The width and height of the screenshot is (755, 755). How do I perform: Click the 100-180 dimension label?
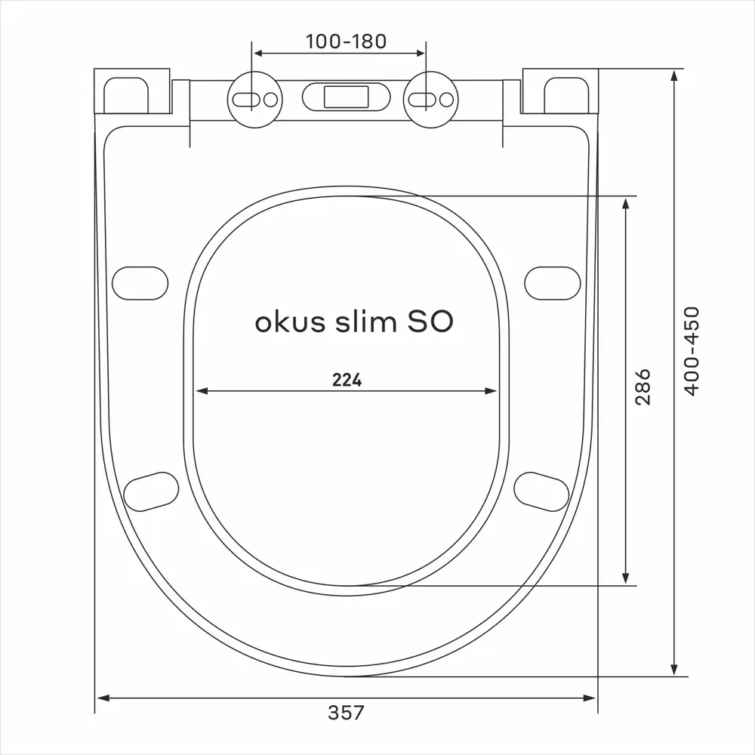[346, 41]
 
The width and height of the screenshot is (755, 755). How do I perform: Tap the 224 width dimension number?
[347, 381]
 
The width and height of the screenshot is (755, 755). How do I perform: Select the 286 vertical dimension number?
[643, 387]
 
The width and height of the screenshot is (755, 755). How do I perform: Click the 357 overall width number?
[346, 712]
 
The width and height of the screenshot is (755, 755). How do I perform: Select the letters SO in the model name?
[430, 322]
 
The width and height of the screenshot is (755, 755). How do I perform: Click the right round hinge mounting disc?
[428, 99]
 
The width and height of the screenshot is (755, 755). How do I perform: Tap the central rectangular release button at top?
[346, 97]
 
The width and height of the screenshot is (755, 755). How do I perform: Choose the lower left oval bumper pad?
[151, 490]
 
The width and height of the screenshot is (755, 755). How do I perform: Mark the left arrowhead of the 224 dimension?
[202, 391]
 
